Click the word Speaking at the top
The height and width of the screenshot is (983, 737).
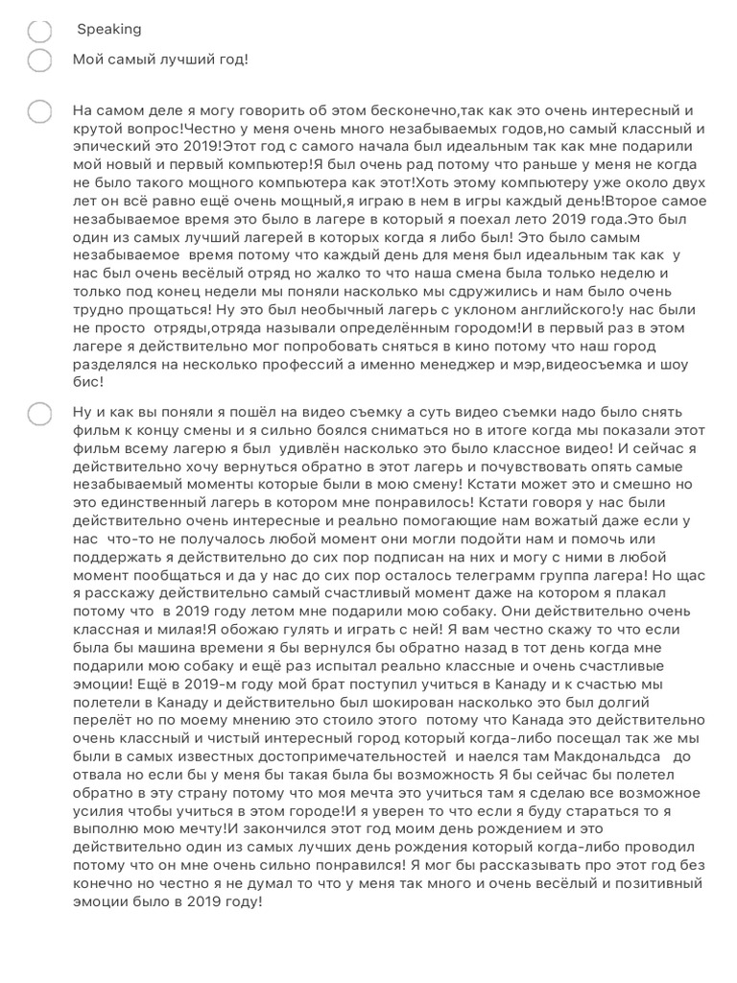pos(108,30)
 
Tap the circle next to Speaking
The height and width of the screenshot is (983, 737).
pos(39,31)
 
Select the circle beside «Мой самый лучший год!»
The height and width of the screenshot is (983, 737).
pos(39,60)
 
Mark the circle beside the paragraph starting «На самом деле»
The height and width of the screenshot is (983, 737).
pos(39,111)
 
